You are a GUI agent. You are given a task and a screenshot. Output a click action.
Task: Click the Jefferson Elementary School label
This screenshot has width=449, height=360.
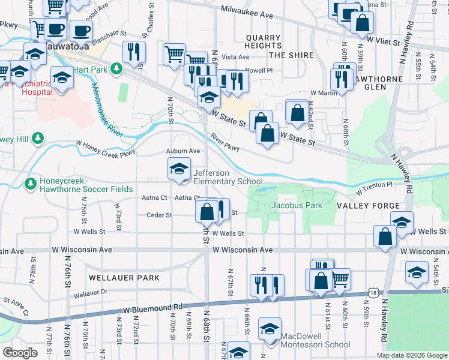click(x=228, y=177)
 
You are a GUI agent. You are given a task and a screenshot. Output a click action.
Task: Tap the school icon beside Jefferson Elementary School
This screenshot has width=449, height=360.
click(x=179, y=169)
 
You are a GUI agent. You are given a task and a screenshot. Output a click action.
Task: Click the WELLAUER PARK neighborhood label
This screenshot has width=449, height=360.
click(x=124, y=278)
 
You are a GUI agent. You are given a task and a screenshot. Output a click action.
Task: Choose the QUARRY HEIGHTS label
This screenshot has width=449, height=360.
click(x=263, y=41)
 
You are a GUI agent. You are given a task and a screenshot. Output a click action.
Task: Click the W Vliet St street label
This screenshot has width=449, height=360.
click(x=387, y=40)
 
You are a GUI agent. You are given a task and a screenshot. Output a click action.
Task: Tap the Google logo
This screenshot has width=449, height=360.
click(x=20, y=353)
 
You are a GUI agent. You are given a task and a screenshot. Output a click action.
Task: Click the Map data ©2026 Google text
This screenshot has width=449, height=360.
click(x=411, y=355)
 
